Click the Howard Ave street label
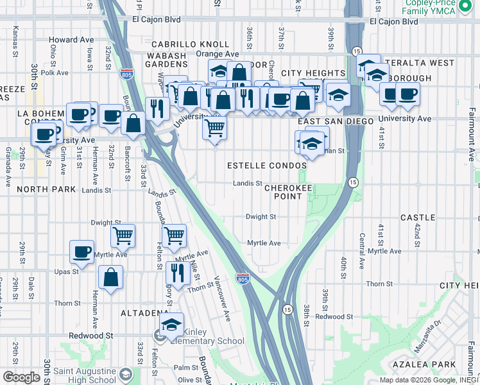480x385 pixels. point(71,40)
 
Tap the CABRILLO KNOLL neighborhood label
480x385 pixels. point(190,44)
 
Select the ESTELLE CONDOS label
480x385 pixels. point(267,166)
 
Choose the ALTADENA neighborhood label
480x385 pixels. point(144,313)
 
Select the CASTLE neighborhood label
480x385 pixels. point(418,218)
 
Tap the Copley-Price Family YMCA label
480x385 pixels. point(429,8)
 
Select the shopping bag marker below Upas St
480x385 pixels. point(111,278)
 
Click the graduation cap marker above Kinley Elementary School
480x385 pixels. point(171,325)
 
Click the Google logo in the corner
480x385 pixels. point(21,377)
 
